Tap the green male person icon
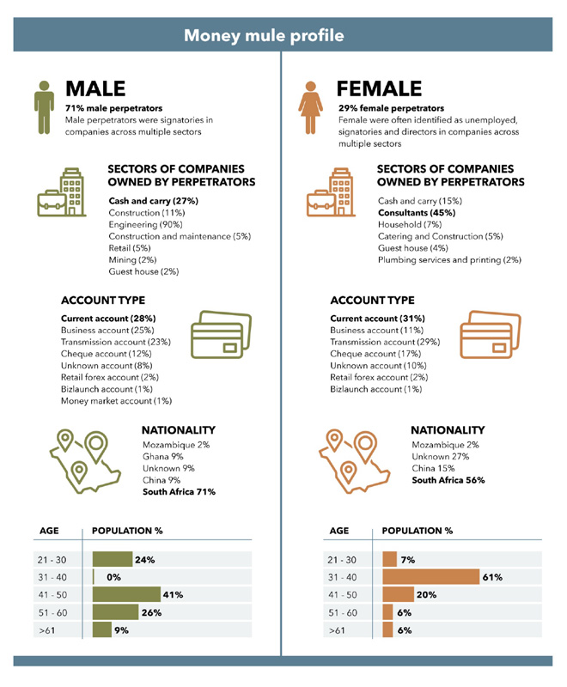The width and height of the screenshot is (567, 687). [x=44, y=108]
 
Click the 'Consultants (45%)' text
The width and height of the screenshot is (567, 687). [x=417, y=212]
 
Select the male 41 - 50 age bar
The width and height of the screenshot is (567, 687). [x=126, y=594]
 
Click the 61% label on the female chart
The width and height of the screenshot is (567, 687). [x=492, y=577]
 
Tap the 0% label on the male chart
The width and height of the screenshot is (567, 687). [x=113, y=577]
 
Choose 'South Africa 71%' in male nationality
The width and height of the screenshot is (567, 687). [x=179, y=492]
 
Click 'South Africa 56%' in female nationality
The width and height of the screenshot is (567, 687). [x=448, y=480]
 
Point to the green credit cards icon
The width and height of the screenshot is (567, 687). [x=222, y=337]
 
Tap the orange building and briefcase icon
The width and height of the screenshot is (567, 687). [x=330, y=193]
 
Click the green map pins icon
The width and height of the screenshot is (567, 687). [x=78, y=457]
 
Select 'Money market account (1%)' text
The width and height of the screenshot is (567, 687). [x=116, y=401]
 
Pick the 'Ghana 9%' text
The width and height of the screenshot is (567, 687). [x=162, y=457]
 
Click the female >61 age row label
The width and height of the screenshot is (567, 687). [x=338, y=630]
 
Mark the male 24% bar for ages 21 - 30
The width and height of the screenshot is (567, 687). [x=112, y=559]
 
